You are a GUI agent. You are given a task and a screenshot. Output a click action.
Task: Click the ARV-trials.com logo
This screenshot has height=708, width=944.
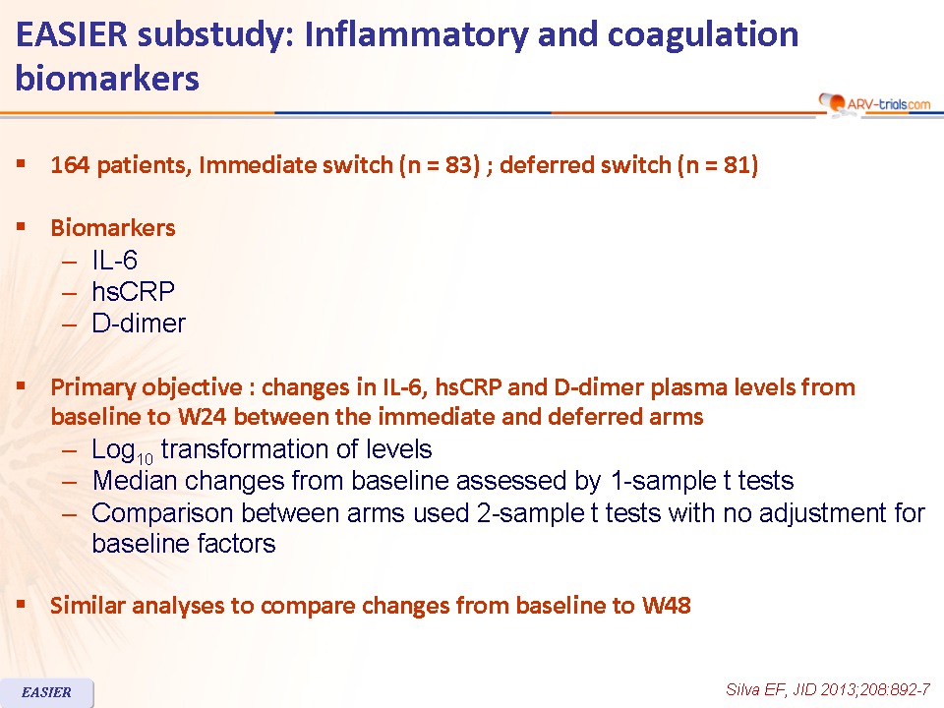click(874, 103)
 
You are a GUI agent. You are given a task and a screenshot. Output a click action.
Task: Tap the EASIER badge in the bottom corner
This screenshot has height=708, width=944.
click(46, 692)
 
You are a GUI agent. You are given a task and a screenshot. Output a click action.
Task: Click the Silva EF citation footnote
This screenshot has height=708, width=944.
click(828, 690)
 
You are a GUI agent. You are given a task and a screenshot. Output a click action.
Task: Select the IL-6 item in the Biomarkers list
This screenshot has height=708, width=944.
click(114, 260)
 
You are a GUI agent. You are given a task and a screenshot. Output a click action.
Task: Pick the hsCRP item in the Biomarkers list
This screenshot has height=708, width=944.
click(133, 292)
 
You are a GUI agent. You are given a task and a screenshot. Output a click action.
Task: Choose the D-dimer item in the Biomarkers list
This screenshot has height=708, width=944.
click(139, 324)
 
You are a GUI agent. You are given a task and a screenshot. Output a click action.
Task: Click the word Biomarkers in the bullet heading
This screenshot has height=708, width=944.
click(113, 227)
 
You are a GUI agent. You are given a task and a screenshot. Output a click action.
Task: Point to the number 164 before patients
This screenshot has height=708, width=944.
click(71, 165)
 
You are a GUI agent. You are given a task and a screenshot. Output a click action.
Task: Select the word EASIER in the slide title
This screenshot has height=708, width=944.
click(72, 34)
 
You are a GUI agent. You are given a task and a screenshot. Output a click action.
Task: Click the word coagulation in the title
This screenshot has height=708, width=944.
click(702, 35)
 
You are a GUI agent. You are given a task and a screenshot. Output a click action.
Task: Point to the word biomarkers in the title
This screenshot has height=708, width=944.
click(107, 79)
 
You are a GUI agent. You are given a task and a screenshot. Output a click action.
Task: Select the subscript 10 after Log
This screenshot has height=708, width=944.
click(145, 459)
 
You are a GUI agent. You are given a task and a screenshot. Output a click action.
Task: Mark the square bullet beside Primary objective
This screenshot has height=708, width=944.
click(21, 385)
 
